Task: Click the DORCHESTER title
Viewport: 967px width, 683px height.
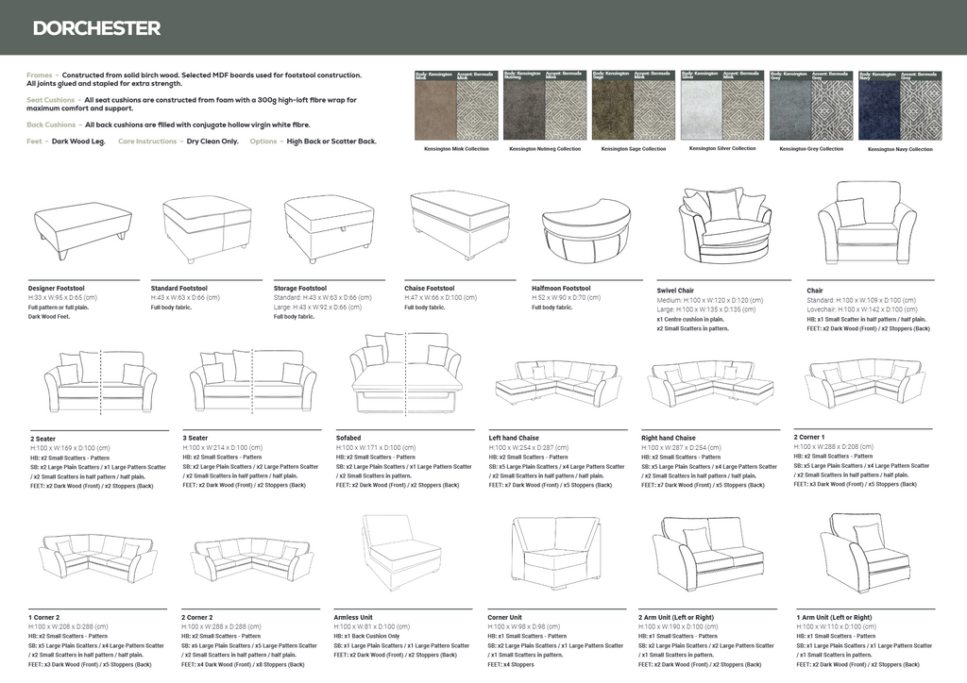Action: tap(96, 28)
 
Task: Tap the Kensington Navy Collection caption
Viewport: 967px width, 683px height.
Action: tap(900, 149)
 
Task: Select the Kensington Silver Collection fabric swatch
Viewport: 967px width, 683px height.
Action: tap(722, 106)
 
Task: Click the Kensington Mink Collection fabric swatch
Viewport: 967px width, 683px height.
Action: tap(457, 106)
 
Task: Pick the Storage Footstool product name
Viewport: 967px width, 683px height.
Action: tap(300, 288)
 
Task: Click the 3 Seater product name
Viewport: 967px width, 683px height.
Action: tap(195, 438)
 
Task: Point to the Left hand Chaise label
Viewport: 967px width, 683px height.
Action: tap(514, 438)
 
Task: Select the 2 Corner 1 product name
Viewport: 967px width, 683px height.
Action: tap(809, 437)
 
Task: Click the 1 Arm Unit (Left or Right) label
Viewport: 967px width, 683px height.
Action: tap(834, 617)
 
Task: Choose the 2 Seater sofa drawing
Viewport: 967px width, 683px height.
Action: tap(100, 380)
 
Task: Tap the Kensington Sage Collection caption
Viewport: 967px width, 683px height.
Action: tap(634, 149)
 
